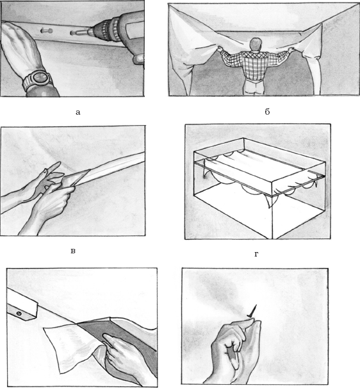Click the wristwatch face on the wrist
point(39,78)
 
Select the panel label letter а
point(78,113)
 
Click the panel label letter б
point(267,112)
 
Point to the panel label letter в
point(73,251)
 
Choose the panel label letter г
point(256,254)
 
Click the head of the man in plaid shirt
point(256,44)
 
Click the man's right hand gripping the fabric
point(292,50)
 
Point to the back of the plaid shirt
point(254,65)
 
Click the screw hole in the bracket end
point(19,314)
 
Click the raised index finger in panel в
point(53,167)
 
